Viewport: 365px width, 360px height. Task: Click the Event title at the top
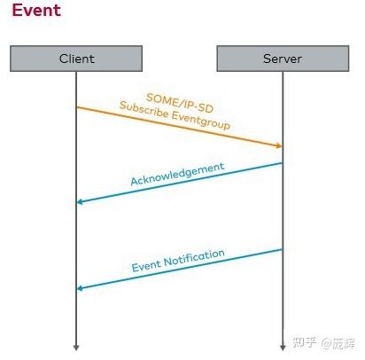coord(36,11)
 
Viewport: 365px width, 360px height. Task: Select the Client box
coord(76,59)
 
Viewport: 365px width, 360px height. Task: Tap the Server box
coord(282,59)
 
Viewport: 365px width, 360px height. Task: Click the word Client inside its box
coord(76,59)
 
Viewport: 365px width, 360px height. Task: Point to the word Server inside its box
coord(282,59)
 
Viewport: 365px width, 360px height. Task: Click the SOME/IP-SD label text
coord(178,98)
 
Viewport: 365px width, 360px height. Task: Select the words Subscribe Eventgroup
coord(175,116)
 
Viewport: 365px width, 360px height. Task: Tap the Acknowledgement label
coord(177,174)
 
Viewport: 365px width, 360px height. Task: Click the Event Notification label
coord(178,260)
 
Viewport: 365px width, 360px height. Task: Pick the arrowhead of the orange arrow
coord(278,145)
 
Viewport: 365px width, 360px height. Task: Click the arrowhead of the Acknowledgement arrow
coord(81,202)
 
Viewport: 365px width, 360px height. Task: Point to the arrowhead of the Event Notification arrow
coord(81,288)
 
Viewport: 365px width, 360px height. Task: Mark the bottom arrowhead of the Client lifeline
coord(76,346)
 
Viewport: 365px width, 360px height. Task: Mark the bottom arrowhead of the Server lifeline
coord(282,346)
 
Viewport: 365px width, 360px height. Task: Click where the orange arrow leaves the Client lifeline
coord(77,107)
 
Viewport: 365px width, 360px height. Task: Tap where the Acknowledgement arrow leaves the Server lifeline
coord(282,162)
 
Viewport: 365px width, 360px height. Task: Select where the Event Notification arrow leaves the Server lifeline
coord(282,249)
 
